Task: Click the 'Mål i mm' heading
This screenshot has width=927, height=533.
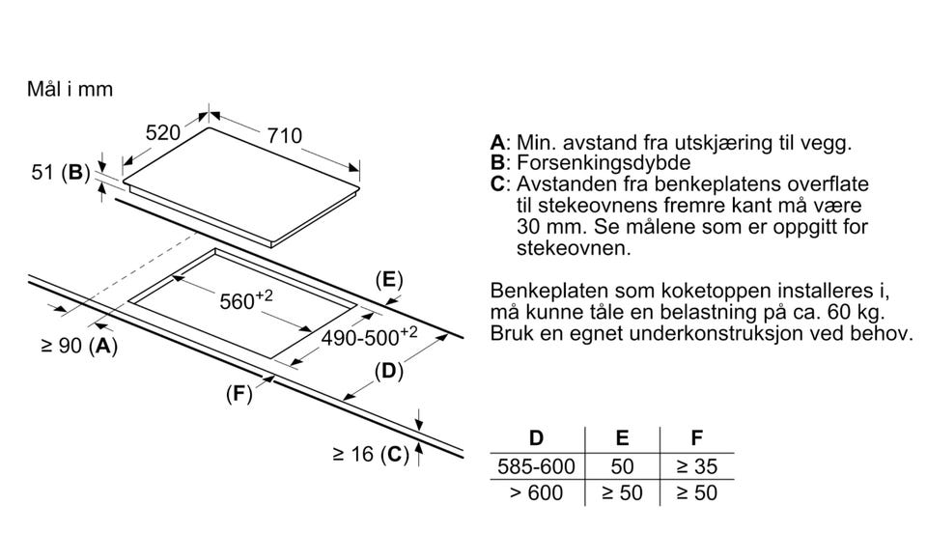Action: [x=70, y=89]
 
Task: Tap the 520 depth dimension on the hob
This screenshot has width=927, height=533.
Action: [x=163, y=133]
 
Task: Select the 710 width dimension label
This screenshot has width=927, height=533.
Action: [x=285, y=135]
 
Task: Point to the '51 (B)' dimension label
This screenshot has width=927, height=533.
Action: [x=60, y=173]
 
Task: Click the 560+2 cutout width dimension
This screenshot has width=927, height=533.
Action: [x=245, y=301]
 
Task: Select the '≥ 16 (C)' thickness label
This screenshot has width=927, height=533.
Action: [x=371, y=453]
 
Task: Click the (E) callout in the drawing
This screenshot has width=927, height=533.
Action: [x=388, y=280]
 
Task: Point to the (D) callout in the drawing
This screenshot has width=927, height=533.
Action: [x=388, y=370]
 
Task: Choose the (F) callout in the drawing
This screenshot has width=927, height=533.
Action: [x=239, y=393]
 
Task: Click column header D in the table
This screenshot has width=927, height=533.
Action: [x=536, y=439]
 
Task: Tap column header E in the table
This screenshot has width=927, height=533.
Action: [x=623, y=439]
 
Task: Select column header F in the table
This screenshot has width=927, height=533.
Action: [x=696, y=439]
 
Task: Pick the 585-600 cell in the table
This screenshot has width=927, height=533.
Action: [x=536, y=466]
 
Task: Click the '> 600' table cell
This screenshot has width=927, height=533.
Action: [x=536, y=493]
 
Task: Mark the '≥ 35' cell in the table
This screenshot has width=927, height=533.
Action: [x=696, y=466]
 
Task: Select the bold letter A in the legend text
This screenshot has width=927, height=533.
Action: [x=497, y=143]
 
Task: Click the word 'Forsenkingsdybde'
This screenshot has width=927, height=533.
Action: [x=604, y=163]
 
